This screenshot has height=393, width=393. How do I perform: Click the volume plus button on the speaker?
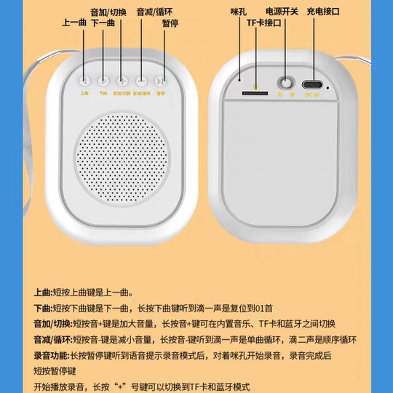(122, 81)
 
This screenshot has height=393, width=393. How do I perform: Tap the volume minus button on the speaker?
(141, 81)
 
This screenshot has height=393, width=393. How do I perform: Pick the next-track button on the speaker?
(103, 81)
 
